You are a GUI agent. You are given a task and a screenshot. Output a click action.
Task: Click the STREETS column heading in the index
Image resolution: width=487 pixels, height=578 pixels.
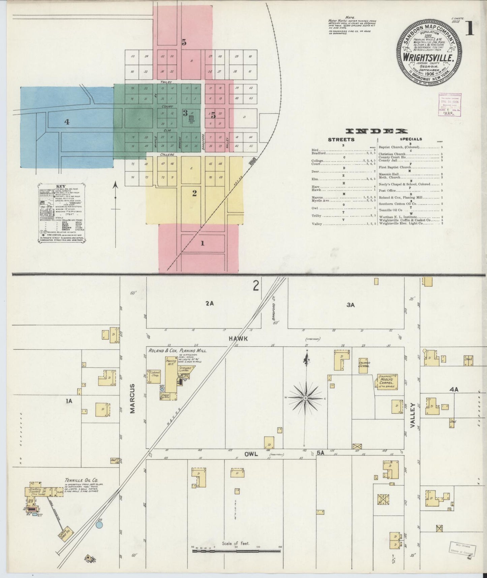(341, 139)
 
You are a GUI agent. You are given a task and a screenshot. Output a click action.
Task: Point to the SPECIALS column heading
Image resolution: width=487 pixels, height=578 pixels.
(411, 139)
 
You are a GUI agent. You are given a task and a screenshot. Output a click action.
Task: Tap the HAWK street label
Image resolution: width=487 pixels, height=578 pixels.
(239, 338)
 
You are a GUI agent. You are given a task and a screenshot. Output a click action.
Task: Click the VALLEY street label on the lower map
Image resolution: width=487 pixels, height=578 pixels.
(412, 415)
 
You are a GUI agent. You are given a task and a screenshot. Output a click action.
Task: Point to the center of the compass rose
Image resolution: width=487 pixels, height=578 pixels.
(305, 398)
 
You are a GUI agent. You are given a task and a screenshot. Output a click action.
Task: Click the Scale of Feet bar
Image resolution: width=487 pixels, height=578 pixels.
(236, 551)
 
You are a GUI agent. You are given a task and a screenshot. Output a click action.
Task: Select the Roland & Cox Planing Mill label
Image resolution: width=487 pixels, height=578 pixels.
(178, 350)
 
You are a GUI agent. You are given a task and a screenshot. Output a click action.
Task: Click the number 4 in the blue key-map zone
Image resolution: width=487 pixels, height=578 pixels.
(67, 122)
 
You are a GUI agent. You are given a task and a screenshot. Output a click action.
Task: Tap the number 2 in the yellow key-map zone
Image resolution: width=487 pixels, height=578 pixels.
(194, 194)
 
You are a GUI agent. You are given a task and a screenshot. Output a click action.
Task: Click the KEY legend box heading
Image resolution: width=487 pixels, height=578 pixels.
(61, 186)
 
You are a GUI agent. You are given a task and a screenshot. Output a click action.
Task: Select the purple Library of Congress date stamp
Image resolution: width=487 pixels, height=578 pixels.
(450, 105)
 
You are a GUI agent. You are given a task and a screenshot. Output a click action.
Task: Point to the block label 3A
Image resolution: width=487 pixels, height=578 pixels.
(351, 305)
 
